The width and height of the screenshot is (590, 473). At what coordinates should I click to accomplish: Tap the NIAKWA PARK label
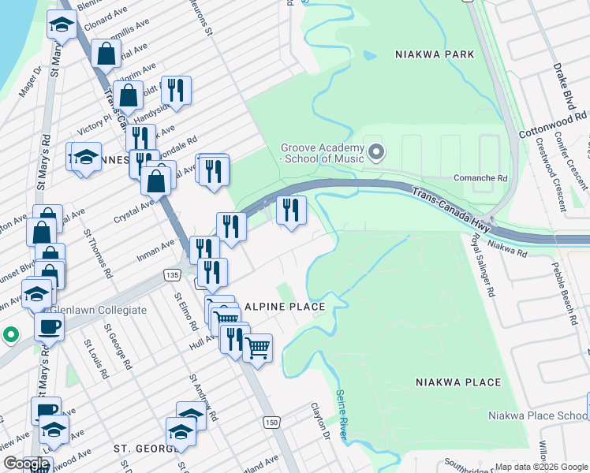[x=435, y=54]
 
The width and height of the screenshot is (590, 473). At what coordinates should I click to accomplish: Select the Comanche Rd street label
[x=480, y=178]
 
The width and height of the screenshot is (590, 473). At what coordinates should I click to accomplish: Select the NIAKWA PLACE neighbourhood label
[x=457, y=382]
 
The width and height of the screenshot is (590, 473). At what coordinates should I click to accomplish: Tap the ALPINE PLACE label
[x=285, y=307]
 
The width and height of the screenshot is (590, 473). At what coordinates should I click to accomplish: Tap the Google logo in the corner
[x=25, y=464]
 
